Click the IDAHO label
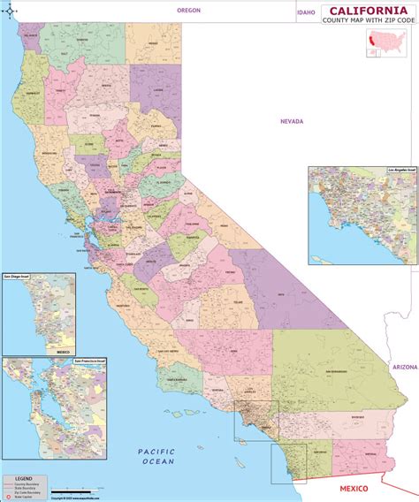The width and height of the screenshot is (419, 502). click(x=306, y=13)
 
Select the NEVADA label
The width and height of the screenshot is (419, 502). click(x=292, y=121)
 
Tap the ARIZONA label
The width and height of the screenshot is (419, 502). click(x=404, y=366)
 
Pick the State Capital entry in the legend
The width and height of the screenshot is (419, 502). click(x=31, y=498)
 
